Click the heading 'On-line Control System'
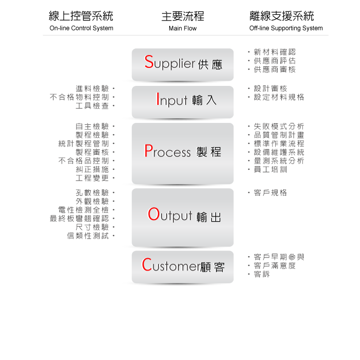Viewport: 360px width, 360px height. (81, 28)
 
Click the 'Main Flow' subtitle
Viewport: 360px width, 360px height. (183, 28)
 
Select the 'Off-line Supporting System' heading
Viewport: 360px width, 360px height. (286, 28)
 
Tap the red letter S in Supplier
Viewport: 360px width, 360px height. (149, 62)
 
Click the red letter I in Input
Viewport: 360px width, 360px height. (158, 99)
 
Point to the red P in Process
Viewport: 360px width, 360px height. (148, 151)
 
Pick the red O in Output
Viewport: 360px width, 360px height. (154, 214)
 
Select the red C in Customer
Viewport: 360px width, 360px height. (147, 264)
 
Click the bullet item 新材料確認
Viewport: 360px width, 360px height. (275, 52)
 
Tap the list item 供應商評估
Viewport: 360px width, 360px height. (275, 61)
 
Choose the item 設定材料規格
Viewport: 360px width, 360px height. (279, 97)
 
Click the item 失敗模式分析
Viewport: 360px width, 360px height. (279, 127)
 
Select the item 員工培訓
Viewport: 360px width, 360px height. (271, 169)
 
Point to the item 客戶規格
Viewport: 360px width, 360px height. (271, 193)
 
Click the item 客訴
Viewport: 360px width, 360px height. (262, 274)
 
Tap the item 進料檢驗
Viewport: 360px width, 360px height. (92, 88)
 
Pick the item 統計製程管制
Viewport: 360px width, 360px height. (83, 143)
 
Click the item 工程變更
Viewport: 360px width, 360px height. (92, 178)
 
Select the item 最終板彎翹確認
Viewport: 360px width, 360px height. (79, 219)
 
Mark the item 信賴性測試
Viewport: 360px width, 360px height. (88, 236)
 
